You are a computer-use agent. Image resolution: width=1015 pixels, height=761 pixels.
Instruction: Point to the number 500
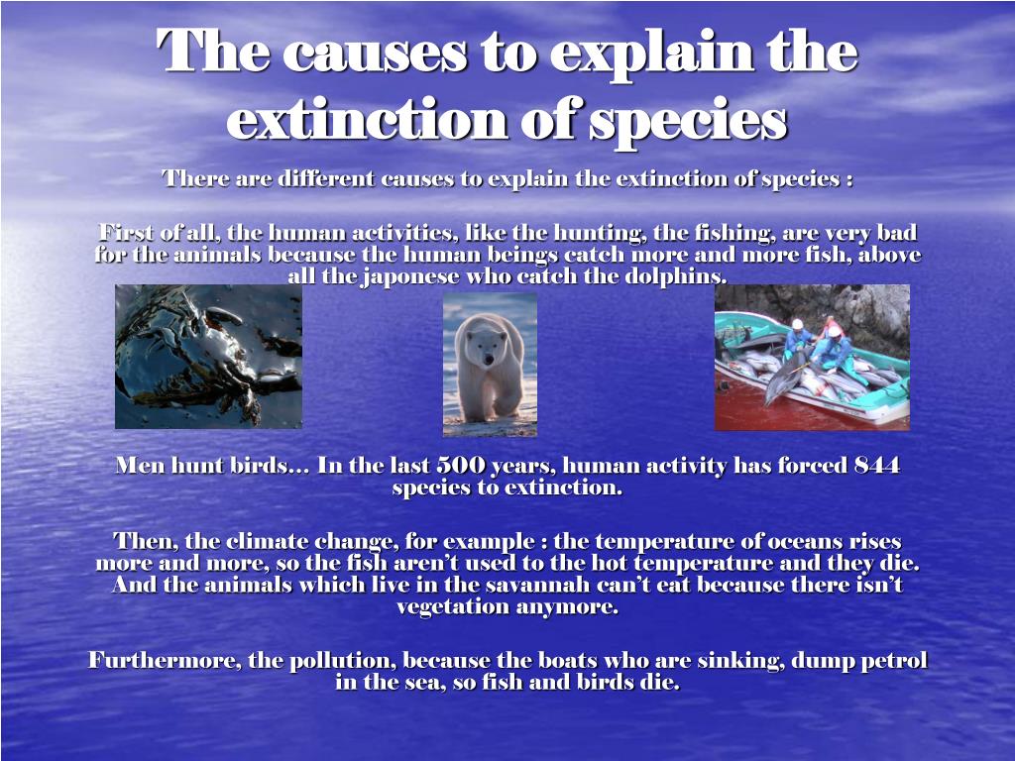(461, 465)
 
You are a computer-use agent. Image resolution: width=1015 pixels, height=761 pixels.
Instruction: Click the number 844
(876, 465)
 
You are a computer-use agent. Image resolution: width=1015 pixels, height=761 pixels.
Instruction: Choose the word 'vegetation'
(452, 606)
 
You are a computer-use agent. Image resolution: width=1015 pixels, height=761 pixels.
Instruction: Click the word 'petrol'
(895, 660)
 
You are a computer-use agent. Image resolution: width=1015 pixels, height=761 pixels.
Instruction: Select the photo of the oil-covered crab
(208, 357)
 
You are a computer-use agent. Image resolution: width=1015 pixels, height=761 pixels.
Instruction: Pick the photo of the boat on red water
(812, 357)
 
